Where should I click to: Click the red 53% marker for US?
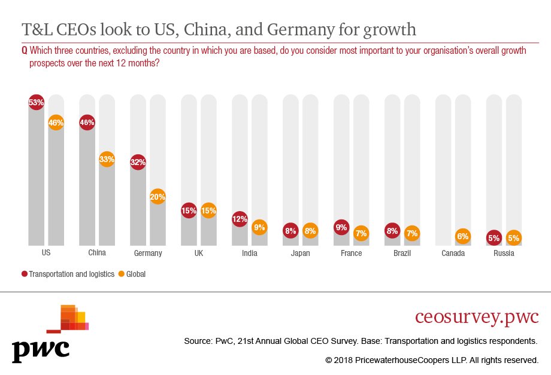(x=36, y=102)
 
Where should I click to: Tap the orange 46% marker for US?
(x=56, y=123)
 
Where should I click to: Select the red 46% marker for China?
(x=87, y=123)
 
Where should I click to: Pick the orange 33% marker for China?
(x=107, y=159)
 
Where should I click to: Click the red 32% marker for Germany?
(x=138, y=161)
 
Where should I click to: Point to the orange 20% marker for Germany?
(x=158, y=196)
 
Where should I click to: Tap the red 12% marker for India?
(x=240, y=219)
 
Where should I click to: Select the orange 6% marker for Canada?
(x=463, y=236)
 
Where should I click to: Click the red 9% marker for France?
(x=341, y=227)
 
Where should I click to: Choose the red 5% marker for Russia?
(x=494, y=237)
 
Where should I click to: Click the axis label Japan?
(x=301, y=253)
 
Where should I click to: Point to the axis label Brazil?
(x=402, y=253)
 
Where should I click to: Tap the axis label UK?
(x=199, y=253)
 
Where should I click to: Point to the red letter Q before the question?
(x=25, y=51)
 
